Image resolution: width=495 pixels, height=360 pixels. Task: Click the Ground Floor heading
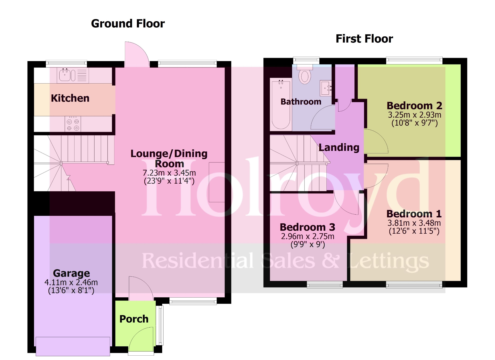click(128, 24)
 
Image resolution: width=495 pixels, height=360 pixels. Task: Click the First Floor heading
click(364, 39)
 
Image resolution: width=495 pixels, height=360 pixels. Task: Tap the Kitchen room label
click(70, 98)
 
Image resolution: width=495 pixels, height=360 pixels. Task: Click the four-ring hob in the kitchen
click(73, 124)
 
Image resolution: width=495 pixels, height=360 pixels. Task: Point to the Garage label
click(71, 273)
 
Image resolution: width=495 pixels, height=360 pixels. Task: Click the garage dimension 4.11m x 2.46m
click(71, 282)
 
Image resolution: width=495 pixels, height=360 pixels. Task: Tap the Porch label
click(134, 319)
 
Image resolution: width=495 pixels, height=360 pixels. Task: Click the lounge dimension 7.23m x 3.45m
click(169, 173)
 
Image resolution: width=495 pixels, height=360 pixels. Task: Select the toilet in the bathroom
click(305, 76)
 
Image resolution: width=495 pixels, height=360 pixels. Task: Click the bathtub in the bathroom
click(281, 104)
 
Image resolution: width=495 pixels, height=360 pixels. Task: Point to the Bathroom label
click(301, 102)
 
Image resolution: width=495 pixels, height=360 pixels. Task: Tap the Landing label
click(339, 148)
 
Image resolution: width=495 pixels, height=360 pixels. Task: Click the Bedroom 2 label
click(414, 106)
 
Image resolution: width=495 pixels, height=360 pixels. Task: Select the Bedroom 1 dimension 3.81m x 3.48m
click(414, 223)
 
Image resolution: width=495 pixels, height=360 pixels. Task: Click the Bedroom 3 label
click(307, 227)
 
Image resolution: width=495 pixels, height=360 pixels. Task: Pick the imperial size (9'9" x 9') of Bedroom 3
click(308, 244)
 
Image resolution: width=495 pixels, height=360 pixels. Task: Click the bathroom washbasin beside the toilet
click(325, 88)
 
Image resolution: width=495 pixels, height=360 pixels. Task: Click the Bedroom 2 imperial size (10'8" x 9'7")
click(414, 123)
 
